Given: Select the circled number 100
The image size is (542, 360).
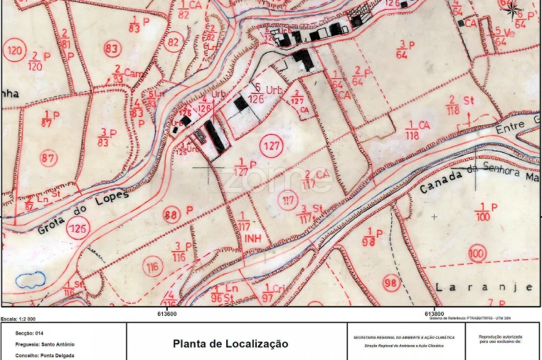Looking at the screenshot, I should click(477, 254).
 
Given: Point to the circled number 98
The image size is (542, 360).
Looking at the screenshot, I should click(390, 282).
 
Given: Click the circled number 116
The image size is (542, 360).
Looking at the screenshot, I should click(152, 268).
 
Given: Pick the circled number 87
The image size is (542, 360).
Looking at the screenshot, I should click(48, 157).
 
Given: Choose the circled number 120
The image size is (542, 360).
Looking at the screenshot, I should click(14, 51).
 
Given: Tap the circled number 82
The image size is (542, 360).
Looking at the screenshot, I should click(173, 42).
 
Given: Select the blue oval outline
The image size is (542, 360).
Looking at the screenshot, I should click(31, 280).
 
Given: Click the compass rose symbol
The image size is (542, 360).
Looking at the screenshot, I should click(511, 8).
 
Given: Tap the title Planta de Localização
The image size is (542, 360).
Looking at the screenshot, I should click(230, 344).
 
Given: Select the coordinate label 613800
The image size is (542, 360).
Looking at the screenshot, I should click(435, 313).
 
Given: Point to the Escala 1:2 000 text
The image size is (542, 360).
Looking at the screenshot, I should click(18, 319).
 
